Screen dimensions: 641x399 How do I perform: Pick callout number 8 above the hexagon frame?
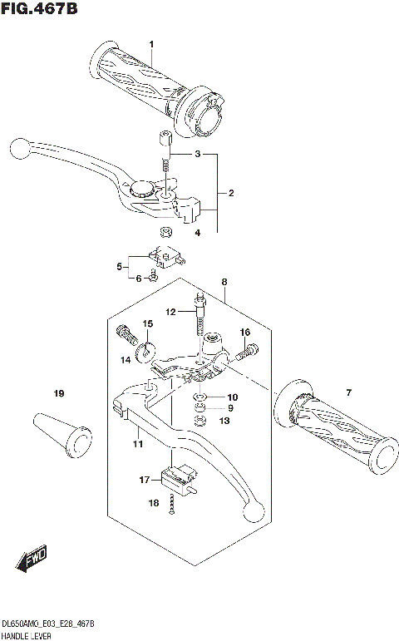pos(224,284)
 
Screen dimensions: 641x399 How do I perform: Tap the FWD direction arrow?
pos(33,561)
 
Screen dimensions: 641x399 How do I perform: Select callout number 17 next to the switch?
pos(144,480)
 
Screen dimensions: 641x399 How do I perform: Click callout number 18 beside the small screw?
pos(152,503)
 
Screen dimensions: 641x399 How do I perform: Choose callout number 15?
pos(147,323)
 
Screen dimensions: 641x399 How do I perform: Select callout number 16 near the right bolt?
pos(244,332)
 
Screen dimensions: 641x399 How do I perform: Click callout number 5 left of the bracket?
pos(120,266)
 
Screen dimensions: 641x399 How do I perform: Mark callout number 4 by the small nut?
pos(197,233)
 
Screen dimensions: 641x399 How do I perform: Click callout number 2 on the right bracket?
pos(230,194)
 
